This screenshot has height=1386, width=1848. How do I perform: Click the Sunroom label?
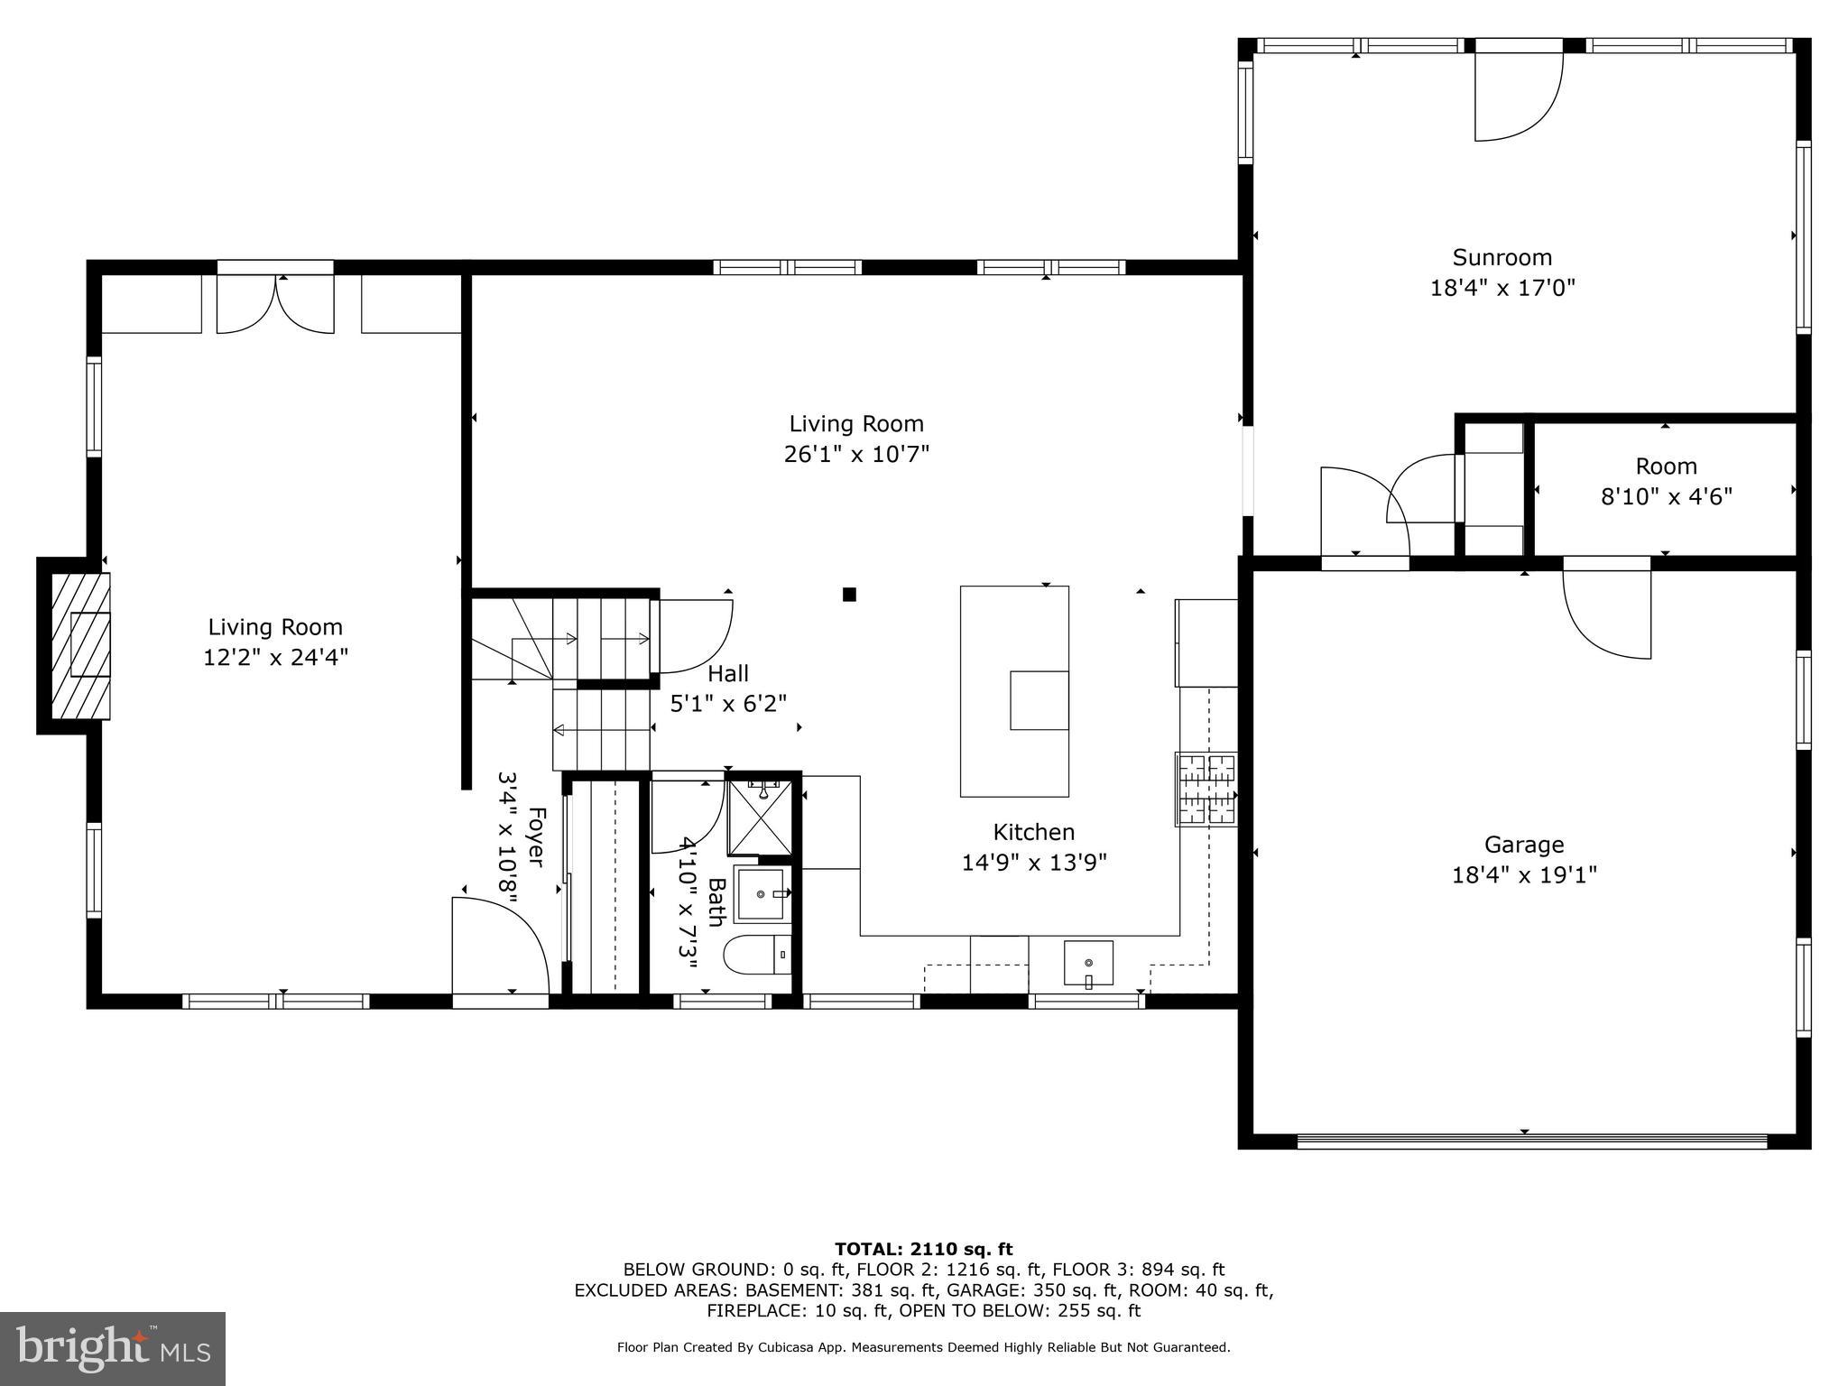coord(1501,257)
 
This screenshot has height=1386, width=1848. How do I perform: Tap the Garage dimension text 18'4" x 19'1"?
coord(1524,874)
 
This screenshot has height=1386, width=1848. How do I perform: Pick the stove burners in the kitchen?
coord(1206,790)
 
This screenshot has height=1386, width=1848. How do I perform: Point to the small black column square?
coord(849,594)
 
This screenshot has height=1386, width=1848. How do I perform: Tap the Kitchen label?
coord(1033,832)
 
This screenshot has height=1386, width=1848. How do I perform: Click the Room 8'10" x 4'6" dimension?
coord(1666,496)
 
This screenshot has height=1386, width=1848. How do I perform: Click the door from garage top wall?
coord(1606,610)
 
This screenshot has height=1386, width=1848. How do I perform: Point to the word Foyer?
coord(535,837)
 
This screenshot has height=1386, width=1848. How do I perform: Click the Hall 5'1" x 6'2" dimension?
coord(728,703)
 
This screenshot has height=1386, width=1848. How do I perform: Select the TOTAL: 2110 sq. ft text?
coord(923,1249)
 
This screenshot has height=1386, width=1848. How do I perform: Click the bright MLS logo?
coord(113,1348)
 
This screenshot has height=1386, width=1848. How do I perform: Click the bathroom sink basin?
coord(761,893)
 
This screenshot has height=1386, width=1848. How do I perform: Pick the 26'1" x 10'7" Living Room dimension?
coord(856,453)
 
